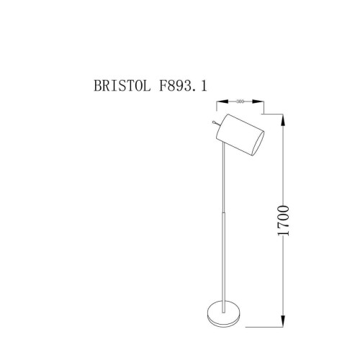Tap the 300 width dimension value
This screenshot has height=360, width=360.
pyautogui.click(x=239, y=102)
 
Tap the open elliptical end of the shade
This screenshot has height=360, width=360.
pyautogui.click(x=257, y=142)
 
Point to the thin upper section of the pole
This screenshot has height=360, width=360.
pyautogui.click(x=225, y=180)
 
